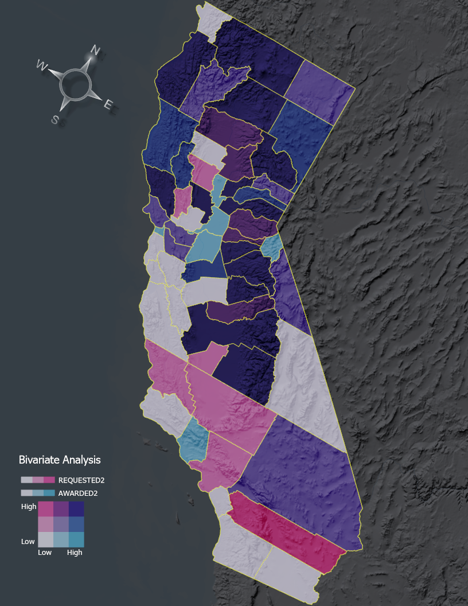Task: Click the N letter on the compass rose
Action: (x=95, y=51)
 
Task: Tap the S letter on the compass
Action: (x=55, y=119)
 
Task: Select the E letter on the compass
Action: (x=108, y=104)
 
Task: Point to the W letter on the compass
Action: (x=42, y=65)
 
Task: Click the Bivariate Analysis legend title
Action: (x=60, y=460)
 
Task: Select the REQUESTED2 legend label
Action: (x=81, y=480)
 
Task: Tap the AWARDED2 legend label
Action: (x=78, y=493)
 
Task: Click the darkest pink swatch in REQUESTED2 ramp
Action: (x=49, y=480)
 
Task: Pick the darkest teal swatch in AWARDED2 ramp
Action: (x=49, y=493)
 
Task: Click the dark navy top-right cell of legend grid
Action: (x=76, y=509)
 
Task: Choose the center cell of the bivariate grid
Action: (x=61, y=524)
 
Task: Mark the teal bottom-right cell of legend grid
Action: (x=76, y=539)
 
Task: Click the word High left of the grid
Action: (x=29, y=507)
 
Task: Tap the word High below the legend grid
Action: (x=75, y=553)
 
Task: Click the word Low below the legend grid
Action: (x=45, y=553)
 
